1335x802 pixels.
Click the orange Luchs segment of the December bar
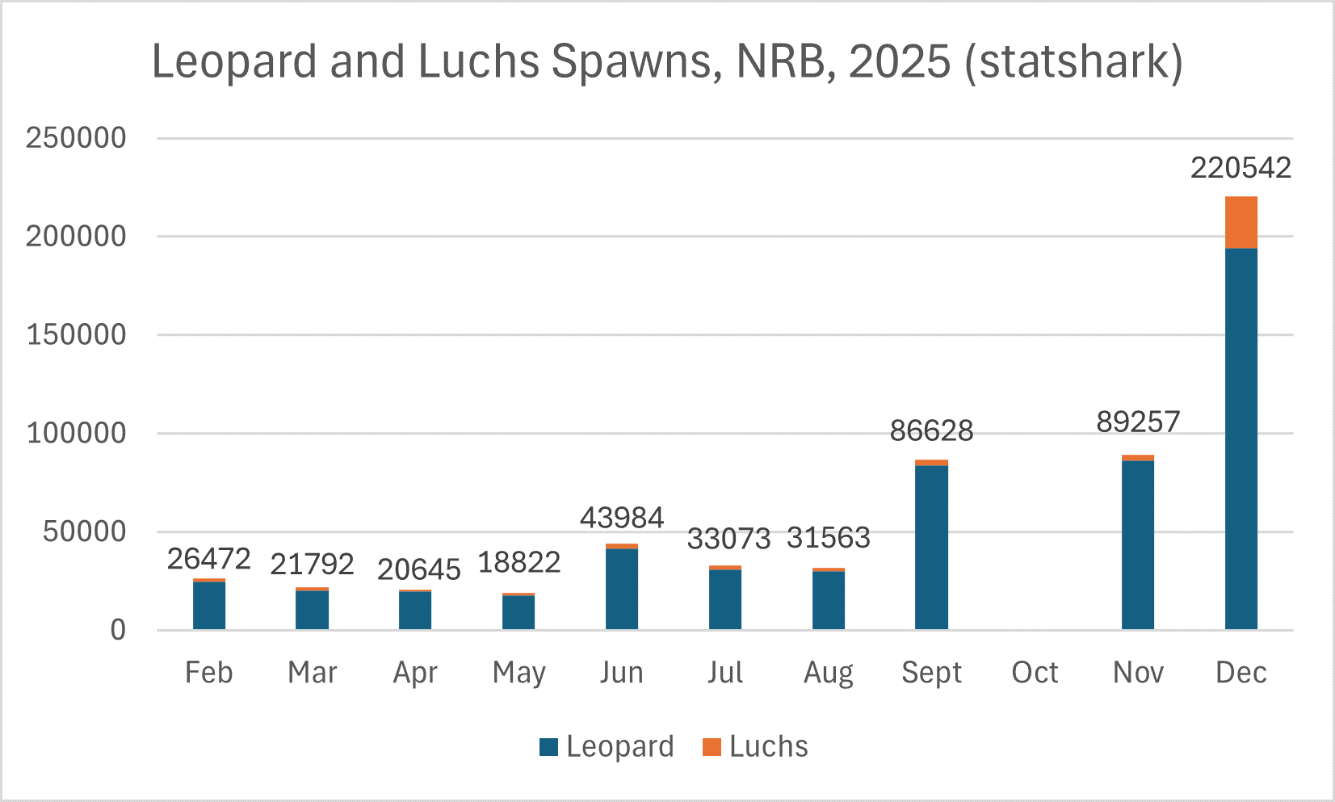pos(1241,222)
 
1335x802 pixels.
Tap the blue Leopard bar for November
pos(1137,545)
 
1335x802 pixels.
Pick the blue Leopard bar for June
pos(621,589)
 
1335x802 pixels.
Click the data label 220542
pos(1241,168)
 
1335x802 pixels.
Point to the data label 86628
pos(931,430)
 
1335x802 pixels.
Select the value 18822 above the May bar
pos(519,562)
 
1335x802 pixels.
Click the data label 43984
pos(621,518)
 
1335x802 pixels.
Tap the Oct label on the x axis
pos(1035,672)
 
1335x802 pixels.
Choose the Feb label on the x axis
pos(208,672)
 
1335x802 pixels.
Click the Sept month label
pos(931,672)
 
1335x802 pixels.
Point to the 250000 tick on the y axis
pos(76,138)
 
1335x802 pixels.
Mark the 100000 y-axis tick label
pos(76,433)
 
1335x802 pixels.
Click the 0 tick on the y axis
pos(118,630)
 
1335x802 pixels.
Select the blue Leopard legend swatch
pos(549,747)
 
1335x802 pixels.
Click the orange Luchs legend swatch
pos(712,747)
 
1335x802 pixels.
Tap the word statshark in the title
pos(1074,61)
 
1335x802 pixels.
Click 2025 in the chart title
pos(900,61)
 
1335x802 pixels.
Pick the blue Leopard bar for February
pos(208,606)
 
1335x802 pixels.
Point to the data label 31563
pos(828,538)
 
